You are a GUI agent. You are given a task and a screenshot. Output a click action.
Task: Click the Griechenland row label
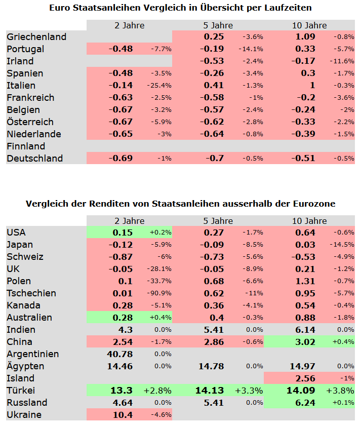point(36,37)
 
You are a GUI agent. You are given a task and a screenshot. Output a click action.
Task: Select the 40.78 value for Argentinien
point(120,354)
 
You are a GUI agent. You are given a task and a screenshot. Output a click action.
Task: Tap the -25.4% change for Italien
point(159,86)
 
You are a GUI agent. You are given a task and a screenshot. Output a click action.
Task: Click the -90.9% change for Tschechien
point(159,293)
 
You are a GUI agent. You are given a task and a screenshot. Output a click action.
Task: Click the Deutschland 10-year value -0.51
point(303,159)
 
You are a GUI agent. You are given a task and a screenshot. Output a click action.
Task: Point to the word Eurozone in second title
point(314,204)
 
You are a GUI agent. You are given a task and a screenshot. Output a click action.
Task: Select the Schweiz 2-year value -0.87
point(121,257)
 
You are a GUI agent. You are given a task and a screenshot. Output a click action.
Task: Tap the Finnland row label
point(26,146)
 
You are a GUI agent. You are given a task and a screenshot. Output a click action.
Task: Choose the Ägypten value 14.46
point(120,366)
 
